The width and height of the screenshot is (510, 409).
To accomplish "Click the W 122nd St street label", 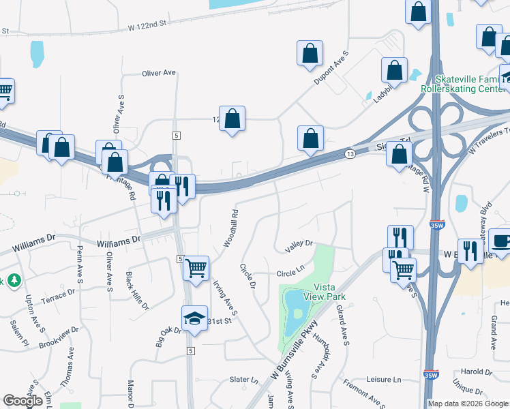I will (147, 25).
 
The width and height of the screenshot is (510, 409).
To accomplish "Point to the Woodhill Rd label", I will (230, 228).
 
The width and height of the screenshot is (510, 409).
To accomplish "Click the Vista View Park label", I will (329, 292).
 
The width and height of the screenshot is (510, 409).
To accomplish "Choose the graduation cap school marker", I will (194, 318).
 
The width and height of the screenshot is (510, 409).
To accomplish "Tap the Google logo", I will (23, 400).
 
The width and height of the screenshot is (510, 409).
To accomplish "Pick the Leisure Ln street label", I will (382, 379).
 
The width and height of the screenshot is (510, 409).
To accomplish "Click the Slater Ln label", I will (244, 380).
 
